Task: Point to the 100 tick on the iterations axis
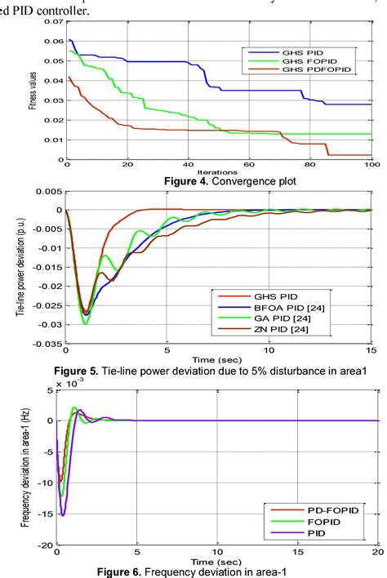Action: click(371, 167)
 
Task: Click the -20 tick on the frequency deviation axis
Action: click(47, 545)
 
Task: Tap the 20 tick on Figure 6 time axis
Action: click(376, 553)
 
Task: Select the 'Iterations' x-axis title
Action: click(218, 173)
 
